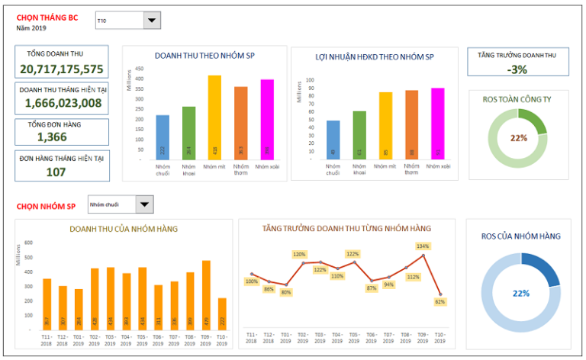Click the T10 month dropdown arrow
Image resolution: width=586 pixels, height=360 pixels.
click(152, 22)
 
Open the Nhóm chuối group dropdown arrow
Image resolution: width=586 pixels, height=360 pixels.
click(144, 204)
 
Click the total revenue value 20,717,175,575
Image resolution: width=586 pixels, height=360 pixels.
click(62, 69)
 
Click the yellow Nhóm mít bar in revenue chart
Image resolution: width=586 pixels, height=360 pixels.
click(215, 117)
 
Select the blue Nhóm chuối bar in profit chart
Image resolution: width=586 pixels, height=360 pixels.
click(333, 140)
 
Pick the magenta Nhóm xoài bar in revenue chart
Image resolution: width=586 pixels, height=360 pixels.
click(267, 120)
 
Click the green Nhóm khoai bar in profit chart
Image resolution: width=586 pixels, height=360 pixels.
click(359, 135)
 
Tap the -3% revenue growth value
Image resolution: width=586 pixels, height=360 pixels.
click(517, 69)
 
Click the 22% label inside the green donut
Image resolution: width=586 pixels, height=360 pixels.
click(519, 138)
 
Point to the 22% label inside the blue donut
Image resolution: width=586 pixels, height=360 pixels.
click(521, 294)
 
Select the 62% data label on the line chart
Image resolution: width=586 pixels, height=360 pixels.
click(440, 302)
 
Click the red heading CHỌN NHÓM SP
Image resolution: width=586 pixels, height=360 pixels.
click(46, 206)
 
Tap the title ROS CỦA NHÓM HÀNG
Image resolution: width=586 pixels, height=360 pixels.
click(520, 236)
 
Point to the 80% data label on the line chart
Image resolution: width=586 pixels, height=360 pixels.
click(286, 292)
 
